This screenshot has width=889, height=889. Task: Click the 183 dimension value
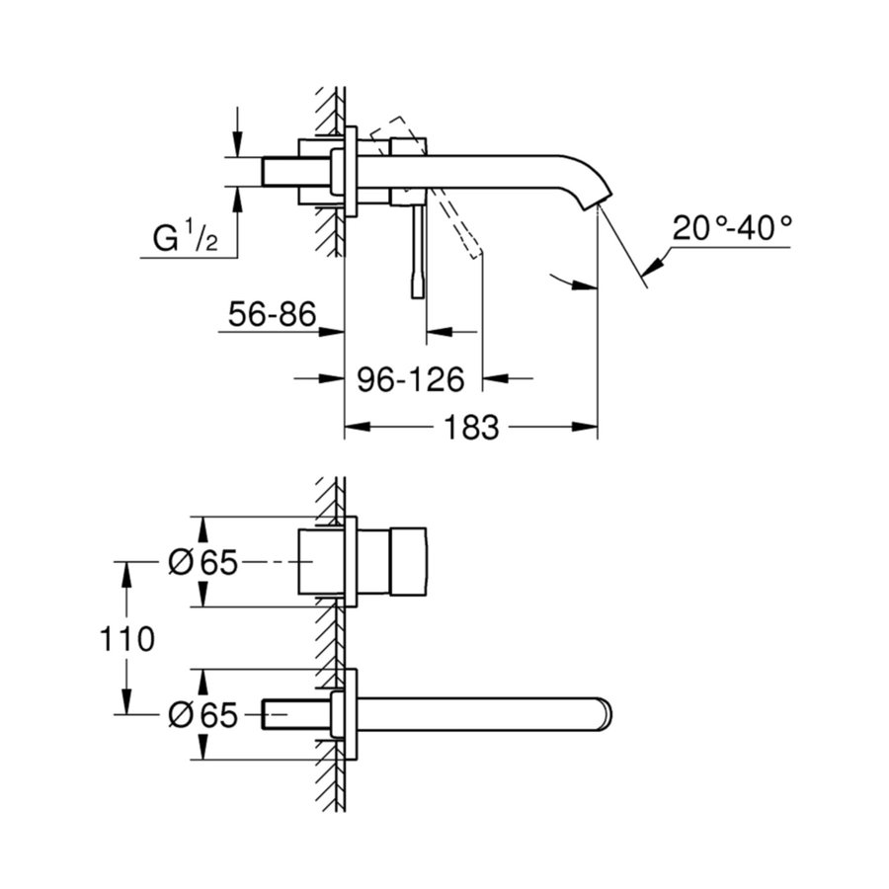click(469, 428)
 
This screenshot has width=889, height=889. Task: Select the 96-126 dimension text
click(416, 377)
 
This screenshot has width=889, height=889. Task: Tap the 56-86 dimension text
click(272, 315)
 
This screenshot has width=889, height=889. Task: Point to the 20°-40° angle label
click(733, 229)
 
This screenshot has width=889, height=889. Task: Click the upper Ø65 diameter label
click(203, 563)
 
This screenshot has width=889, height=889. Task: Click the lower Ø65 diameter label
click(203, 714)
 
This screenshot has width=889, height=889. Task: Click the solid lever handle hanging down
click(415, 252)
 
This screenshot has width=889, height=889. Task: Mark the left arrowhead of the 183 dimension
click(354, 428)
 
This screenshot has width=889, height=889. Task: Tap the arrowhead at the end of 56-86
click(333, 332)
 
